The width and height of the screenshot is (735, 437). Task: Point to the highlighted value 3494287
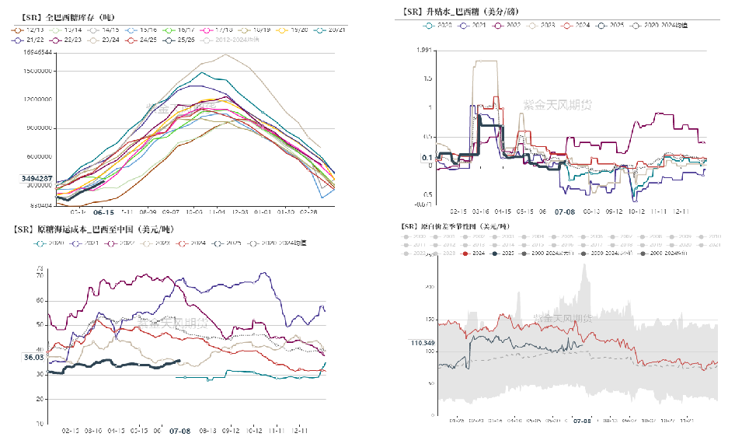point(37,179)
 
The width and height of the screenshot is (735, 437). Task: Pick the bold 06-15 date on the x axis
point(103,212)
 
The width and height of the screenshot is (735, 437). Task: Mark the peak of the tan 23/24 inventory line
point(226,54)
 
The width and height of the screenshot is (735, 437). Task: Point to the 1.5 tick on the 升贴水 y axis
point(427,79)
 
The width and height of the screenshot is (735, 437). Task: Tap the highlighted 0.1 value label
point(427,158)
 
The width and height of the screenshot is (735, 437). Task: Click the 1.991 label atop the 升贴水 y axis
point(423,51)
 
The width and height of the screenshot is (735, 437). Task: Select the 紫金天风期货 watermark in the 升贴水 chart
point(555,103)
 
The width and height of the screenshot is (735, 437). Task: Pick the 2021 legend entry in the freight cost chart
point(94,243)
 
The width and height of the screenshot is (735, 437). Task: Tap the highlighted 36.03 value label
point(33,357)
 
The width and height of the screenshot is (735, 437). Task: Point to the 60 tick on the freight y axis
point(40,299)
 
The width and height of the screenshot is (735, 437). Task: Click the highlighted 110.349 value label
point(423,343)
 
